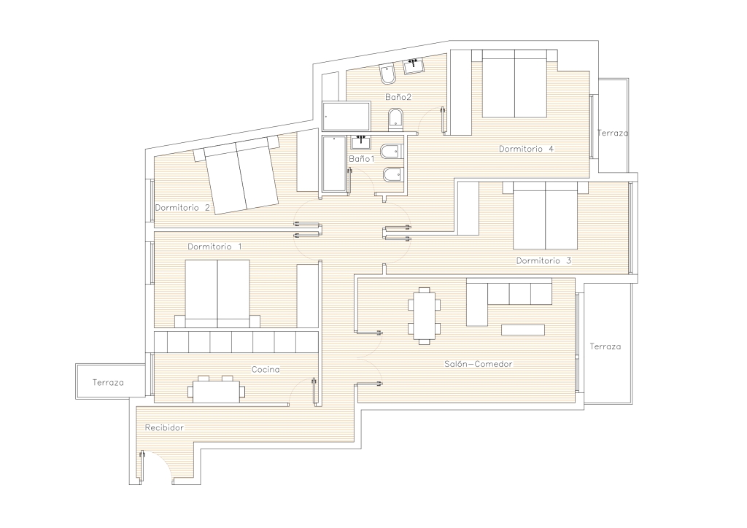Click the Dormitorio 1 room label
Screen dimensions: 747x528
[x=214, y=246]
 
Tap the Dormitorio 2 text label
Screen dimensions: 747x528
[x=182, y=208]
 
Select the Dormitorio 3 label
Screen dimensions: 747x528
[x=543, y=261]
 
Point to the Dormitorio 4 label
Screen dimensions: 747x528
[x=526, y=149]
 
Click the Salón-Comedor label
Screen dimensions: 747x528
[x=479, y=364]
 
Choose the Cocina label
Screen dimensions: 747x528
[x=266, y=370]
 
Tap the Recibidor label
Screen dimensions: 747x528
[x=164, y=427]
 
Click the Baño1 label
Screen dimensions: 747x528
[x=362, y=158]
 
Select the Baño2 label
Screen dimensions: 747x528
[x=398, y=97]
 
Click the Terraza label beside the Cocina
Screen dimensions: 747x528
[x=108, y=382]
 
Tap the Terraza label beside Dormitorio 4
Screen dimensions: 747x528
[x=613, y=133]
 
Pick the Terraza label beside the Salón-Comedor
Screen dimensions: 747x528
[x=605, y=346]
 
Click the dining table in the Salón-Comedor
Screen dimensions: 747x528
[x=424, y=316]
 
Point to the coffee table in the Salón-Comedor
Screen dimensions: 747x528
[x=522, y=330]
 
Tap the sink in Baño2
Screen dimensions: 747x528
[x=414, y=66]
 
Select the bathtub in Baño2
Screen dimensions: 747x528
[x=347, y=116]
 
